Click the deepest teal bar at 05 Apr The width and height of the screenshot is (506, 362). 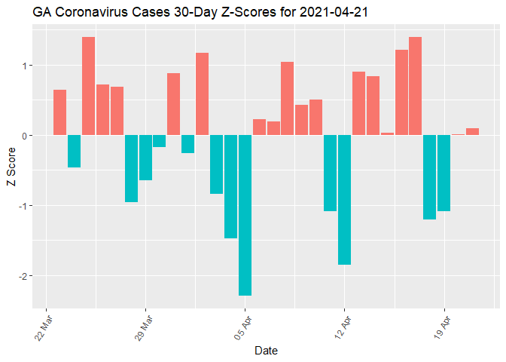(x=245, y=215)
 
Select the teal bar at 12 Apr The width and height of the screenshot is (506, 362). (x=344, y=200)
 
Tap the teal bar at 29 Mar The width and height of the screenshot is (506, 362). (x=145, y=158)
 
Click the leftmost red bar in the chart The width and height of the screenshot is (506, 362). (x=60, y=112)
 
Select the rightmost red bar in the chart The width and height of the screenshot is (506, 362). (x=472, y=132)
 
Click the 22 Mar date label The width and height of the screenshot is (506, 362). (x=44, y=327)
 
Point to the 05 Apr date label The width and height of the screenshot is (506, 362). (x=243, y=327)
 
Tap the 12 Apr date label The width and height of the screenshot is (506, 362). (x=343, y=327)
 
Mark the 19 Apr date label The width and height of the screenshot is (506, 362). (x=442, y=327)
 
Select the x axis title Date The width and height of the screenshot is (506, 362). (x=267, y=351)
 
